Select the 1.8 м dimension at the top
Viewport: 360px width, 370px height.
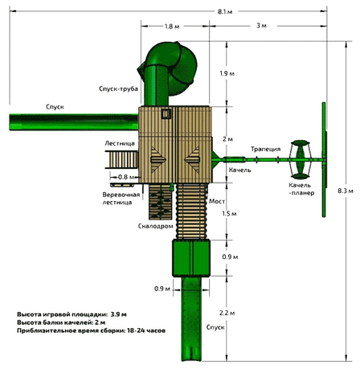pos(171,27)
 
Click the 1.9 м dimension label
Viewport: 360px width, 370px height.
pos(227,74)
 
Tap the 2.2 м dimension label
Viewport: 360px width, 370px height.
pos(227,312)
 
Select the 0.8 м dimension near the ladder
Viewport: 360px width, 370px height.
pos(125,177)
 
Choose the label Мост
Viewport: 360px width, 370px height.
pos(216,199)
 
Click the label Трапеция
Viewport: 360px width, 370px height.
pos(264,149)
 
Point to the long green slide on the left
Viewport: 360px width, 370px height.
pos(72,121)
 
